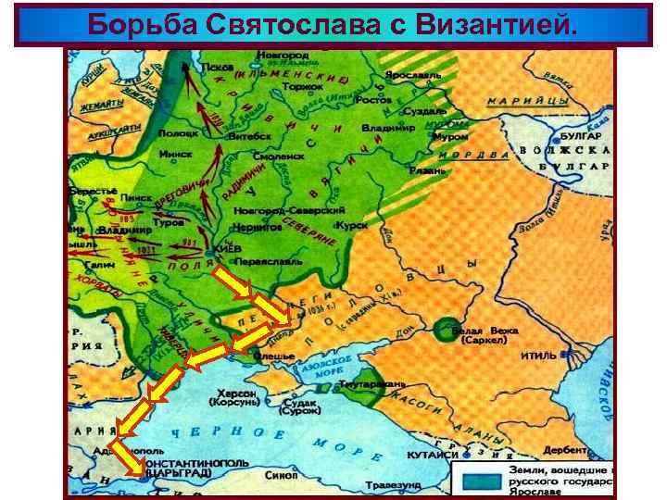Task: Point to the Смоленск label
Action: coord(279,156)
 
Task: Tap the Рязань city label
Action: coord(429,170)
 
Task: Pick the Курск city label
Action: coord(352,225)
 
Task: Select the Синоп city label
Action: coord(279,475)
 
